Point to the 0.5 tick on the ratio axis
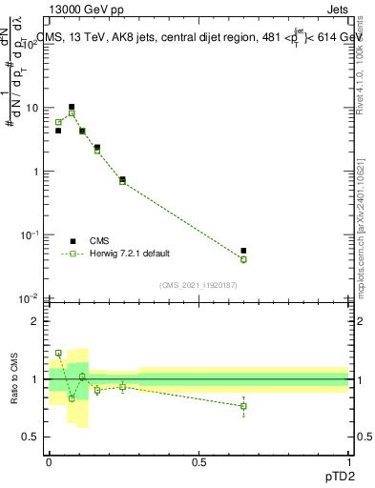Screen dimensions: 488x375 31,437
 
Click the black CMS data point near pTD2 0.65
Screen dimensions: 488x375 243,251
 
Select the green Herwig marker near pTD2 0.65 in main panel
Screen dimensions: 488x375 243,259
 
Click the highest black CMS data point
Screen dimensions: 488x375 72,107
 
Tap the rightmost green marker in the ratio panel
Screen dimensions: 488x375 243,406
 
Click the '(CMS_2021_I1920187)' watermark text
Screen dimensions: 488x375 198,284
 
